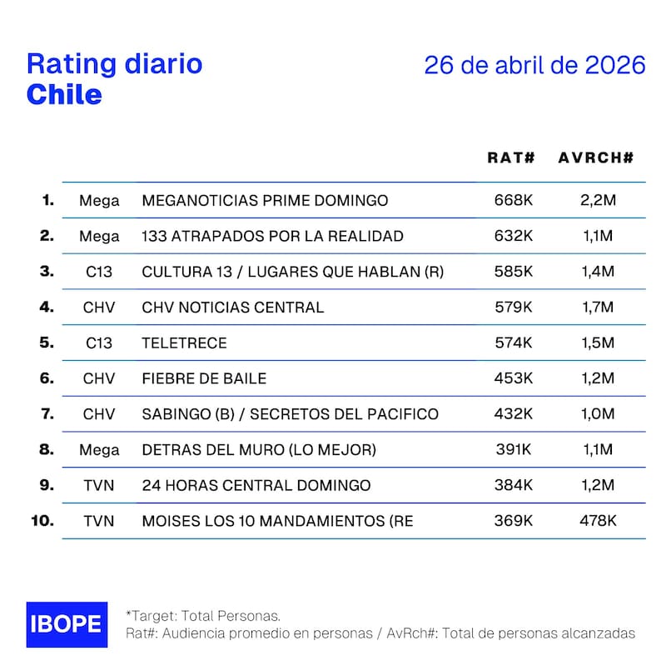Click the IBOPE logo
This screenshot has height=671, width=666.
67,624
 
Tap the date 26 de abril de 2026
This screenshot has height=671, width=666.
534,66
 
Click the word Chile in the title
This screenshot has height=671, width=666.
64,95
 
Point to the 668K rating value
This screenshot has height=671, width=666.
513,200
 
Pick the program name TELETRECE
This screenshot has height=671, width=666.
184,343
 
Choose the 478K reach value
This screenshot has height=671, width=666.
597,521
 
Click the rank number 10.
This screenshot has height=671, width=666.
42,521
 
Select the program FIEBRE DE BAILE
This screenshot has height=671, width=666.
204,378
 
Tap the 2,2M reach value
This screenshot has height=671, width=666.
597,200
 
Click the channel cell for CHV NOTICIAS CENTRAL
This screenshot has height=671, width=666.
99,308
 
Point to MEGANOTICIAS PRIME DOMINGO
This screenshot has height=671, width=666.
265,200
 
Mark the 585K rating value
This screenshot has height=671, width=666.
513,272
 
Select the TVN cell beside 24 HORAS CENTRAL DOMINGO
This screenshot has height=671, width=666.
99,485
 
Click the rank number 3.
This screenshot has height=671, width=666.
47,272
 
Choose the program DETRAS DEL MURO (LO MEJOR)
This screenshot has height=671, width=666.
259,450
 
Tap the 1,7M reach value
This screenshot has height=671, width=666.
597,308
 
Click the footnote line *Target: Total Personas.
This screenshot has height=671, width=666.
202,615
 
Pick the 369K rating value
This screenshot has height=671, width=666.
513,521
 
